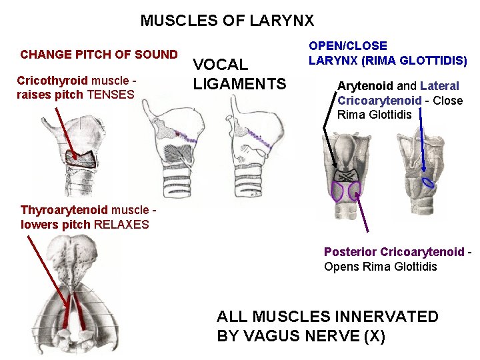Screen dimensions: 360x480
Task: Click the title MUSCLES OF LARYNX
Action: coord(227,21)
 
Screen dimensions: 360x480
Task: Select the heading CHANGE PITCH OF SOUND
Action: coord(99,55)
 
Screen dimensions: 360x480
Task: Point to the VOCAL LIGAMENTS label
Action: coord(239,74)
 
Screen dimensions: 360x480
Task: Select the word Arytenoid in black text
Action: coord(365,86)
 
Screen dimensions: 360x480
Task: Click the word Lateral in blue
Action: coord(439,86)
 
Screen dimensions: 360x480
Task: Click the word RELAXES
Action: coord(121,224)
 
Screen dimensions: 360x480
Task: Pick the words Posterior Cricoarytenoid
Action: coord(393,252)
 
